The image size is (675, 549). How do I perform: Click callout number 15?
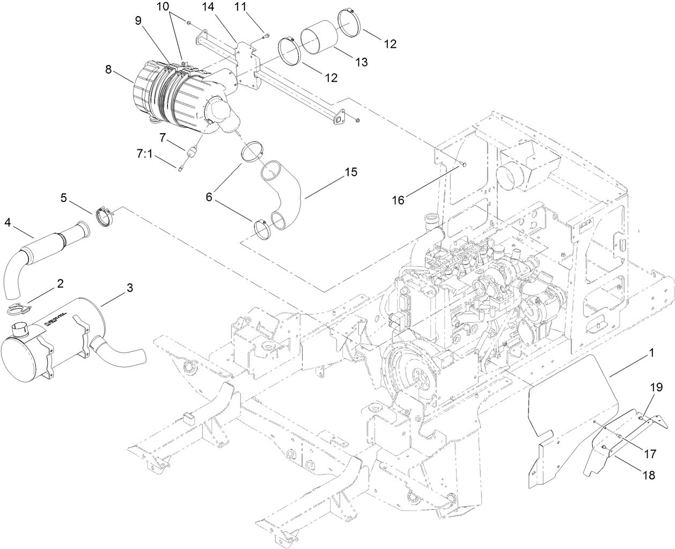coord(350,172)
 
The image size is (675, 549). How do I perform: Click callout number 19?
coord(657,387)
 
